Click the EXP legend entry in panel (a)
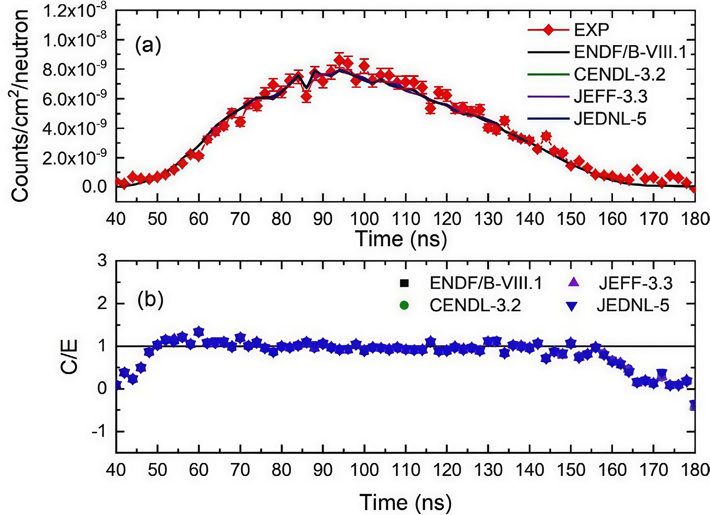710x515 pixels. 591,30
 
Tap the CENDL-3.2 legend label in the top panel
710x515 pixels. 619,75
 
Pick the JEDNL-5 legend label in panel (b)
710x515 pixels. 633,305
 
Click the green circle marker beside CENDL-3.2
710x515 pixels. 404,305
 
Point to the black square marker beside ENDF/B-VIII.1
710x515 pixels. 404,283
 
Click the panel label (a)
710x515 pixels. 148,46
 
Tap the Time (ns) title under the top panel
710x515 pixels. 401,240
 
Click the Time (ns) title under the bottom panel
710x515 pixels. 405,502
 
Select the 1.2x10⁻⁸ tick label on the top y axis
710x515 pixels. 75,11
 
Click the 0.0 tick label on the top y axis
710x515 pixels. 94,187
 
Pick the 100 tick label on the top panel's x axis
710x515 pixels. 364,219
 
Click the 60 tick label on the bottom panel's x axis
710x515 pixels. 198,470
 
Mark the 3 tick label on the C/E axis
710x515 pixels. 102,260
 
